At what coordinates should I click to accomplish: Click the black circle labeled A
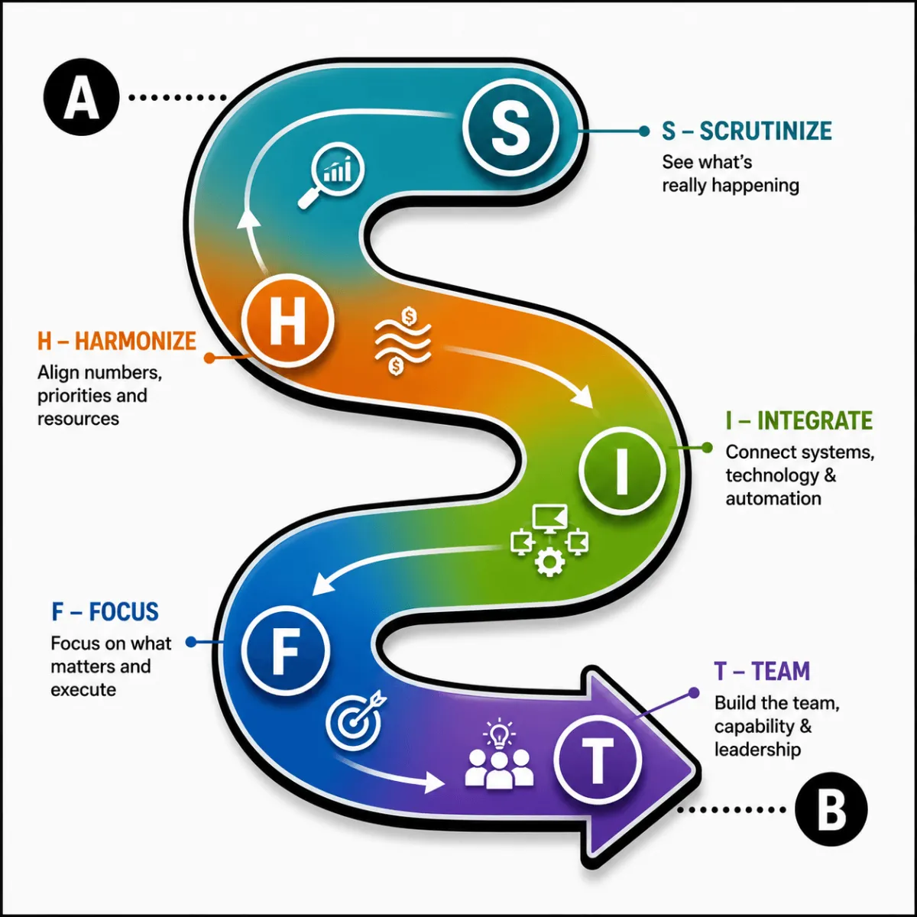click(81, 97)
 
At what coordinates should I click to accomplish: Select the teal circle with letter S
click(510, 127)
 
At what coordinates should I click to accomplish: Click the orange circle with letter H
click(287, 320)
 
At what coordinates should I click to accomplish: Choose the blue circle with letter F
click(286, 650)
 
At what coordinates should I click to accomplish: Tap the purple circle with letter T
click(598, 759)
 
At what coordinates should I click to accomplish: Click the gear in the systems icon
click(549, 562)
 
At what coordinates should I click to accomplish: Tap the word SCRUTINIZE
click(766, 131)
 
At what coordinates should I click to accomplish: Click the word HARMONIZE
click(135, 341)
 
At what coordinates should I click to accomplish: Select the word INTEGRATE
click(815, 420)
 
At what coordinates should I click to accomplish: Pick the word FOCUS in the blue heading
click(124, 611)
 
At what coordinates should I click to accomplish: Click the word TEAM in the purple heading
click(780, 672)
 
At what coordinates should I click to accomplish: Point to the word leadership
click(757, 750)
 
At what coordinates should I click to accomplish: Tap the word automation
click(773, 499)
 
